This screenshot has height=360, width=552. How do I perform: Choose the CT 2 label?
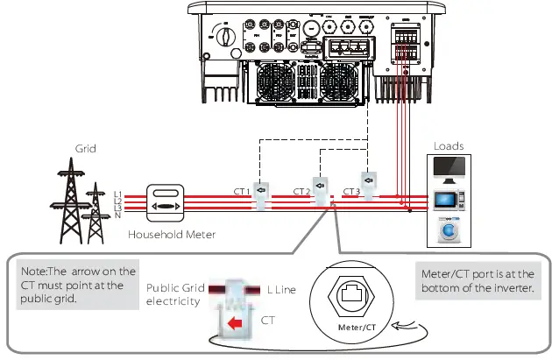coord(301,191)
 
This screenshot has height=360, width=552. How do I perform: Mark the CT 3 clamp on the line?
coord(371,184)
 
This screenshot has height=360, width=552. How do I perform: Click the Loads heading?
coord(449,146)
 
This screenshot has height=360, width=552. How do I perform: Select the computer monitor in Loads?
coord(449,169)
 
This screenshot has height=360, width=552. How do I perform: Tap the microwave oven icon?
coord(449,201)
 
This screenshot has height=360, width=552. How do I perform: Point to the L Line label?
coord(294,290)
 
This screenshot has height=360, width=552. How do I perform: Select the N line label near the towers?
coord(117,211)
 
